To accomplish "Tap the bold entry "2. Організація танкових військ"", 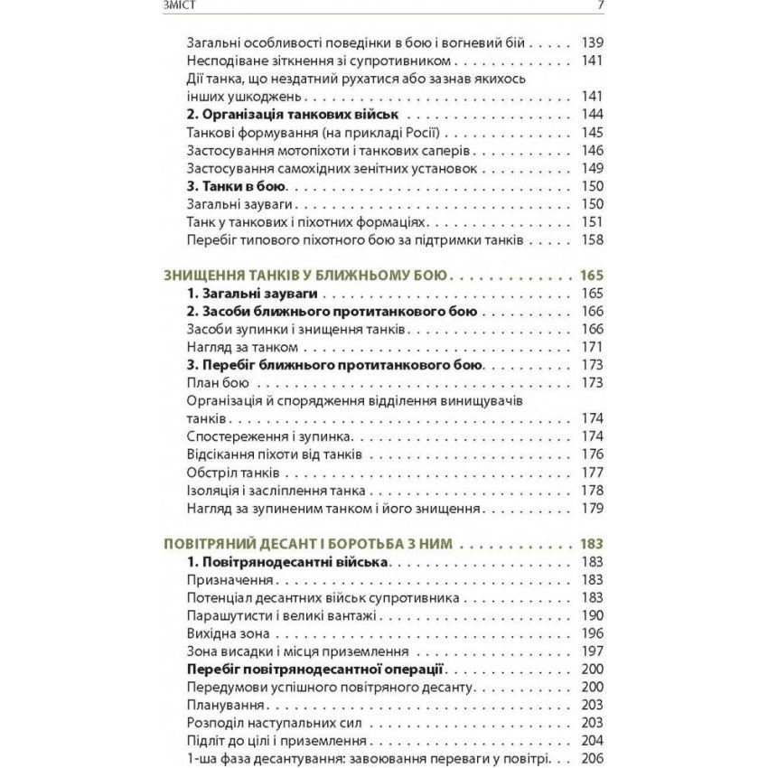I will (x=293, y=115).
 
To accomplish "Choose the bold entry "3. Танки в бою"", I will (x=236, y=187).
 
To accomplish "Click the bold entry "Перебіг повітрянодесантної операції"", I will (x=315, y=670).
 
